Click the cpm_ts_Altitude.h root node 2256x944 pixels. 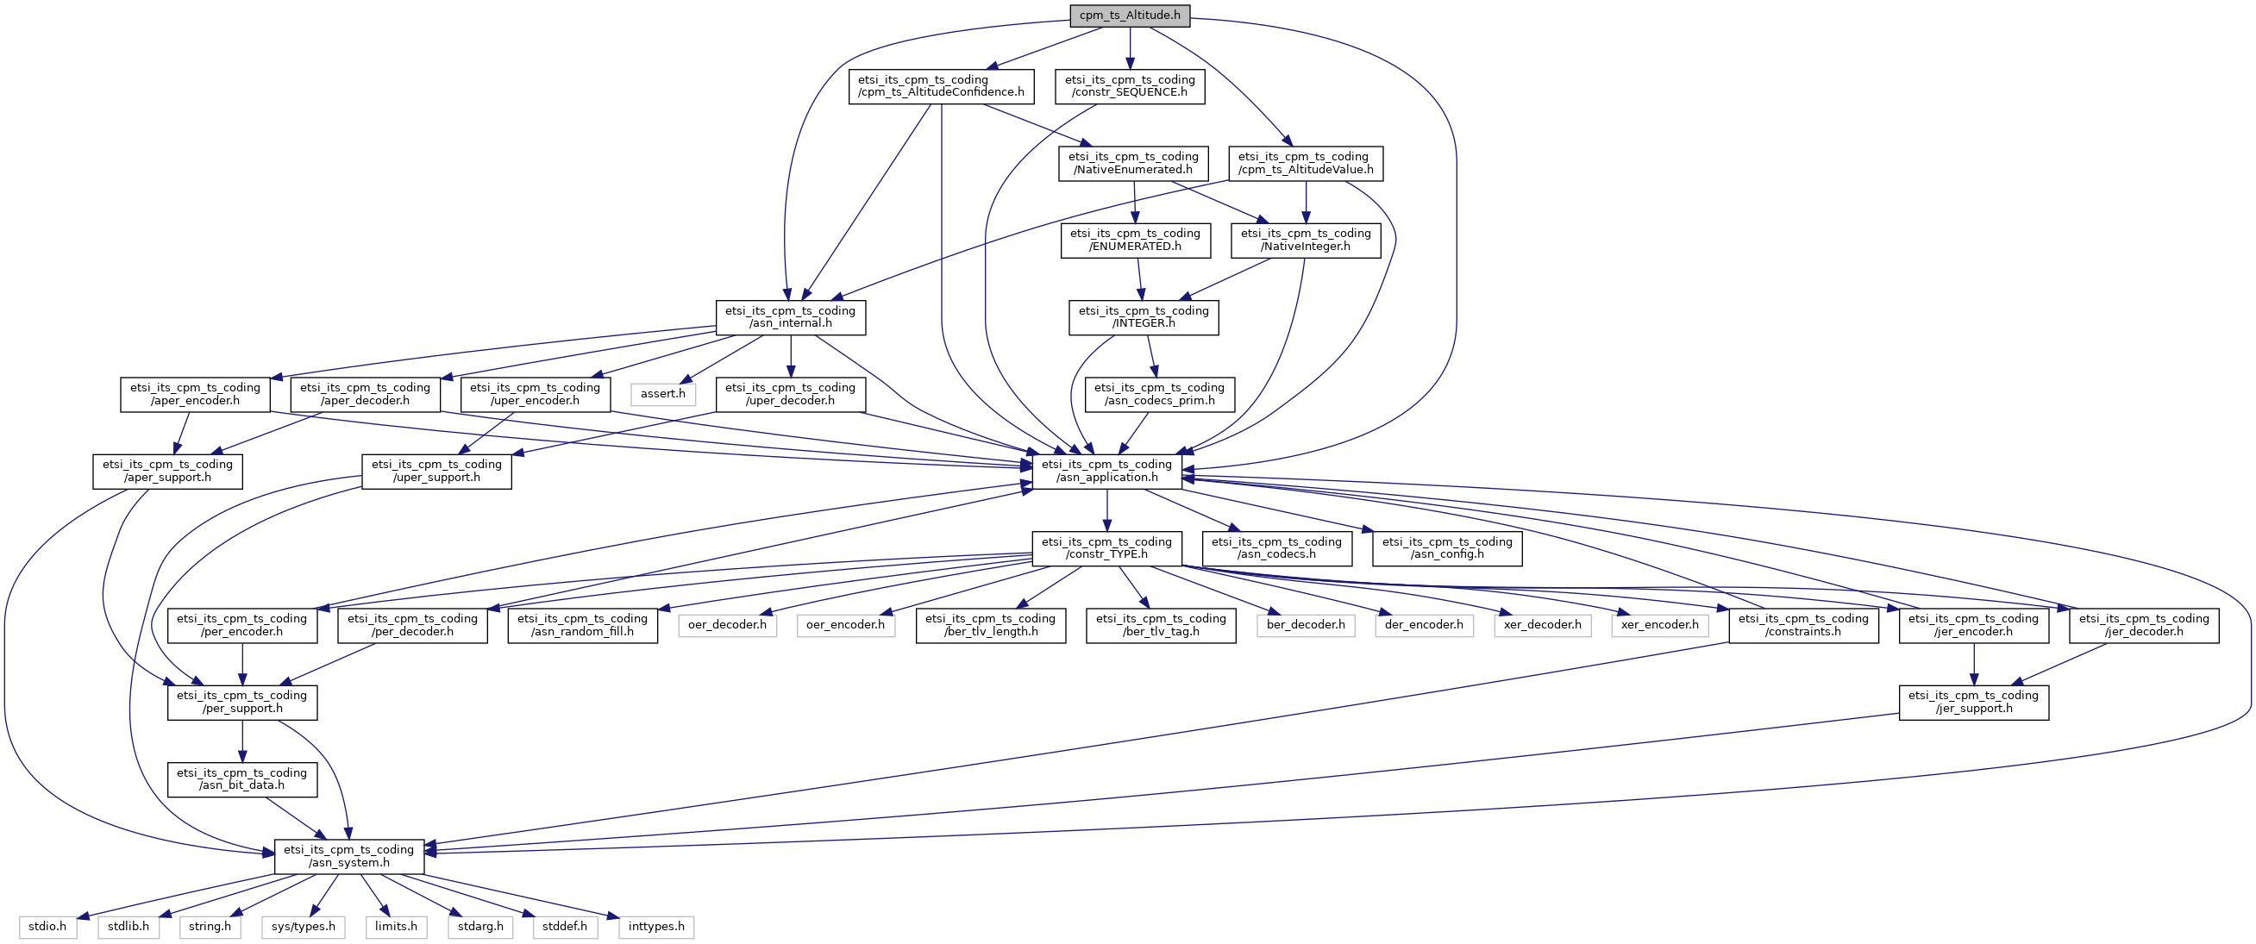coord(1130,15)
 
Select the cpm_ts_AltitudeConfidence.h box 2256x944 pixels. coord(942,86)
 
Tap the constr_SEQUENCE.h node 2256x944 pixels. coord(1130,86)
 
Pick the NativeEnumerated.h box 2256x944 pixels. coord(1133,163)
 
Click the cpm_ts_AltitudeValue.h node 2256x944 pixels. coord(1306,163)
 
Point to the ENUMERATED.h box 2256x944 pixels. coord(1135,240)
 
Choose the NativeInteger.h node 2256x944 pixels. coord(1306,240)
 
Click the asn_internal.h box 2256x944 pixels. coord(791,317)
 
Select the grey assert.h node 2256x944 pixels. coord(663,394)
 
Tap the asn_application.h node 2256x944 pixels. coord(1107,471)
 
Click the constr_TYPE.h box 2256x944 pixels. coord(1107,548)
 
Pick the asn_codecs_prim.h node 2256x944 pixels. coord(1160,394)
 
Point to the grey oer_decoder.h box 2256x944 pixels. coord(728,625)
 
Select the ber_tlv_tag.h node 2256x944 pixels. coord(1162,625)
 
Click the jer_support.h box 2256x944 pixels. coord(1974,703)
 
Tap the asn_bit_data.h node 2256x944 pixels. coord(242,779)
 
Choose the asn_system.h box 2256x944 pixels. coord(349,856)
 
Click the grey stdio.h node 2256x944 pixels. coord(47,927)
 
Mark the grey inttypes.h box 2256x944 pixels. coord(657,927)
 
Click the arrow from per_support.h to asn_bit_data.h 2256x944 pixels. coord(242,741)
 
